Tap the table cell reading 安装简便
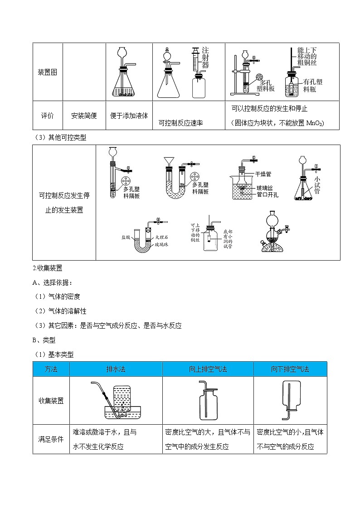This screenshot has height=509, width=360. (x=84, y=116)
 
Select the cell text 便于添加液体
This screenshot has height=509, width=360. (x=129, y=116)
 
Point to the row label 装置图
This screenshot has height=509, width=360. (x=47, y=72)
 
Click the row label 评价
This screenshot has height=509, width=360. (x=47, y=116)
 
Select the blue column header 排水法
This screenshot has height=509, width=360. (x=116, y=369)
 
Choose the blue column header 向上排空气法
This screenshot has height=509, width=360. (x=208, y=369)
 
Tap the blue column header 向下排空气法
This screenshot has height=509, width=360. (x=290, y=369)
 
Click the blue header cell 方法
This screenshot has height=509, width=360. (x=51, y=369)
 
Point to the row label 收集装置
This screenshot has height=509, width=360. (x=51, y=401)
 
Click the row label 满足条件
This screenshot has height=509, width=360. (x=51, y=439)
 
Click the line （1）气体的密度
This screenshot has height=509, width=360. (x=57, y=296)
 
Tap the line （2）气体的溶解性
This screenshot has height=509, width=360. (x=60, y=311)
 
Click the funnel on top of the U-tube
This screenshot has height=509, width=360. (x=172, y=160)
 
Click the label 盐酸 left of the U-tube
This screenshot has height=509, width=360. (x=126, y=237)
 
